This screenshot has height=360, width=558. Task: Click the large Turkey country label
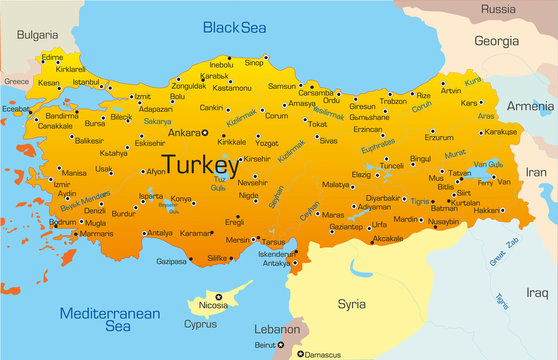tap(200, 164)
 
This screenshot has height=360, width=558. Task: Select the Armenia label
tap(530, 106)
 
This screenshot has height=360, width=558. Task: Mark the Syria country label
tap(351, 275)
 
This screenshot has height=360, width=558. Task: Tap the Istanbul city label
tap(86, 82)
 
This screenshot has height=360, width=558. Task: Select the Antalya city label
tap(159, 233)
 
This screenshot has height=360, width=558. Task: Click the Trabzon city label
tap(394, 101)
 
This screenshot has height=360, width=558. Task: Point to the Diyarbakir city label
tap(383, 198)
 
